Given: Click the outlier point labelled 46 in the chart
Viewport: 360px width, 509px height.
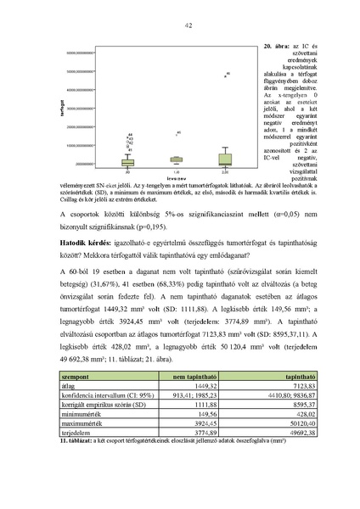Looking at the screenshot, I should click(x=226, y=76).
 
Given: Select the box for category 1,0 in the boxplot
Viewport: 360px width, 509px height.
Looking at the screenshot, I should click(x=176, y=159).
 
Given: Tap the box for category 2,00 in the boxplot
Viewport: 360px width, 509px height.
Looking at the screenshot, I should click(x=224, y=159).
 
